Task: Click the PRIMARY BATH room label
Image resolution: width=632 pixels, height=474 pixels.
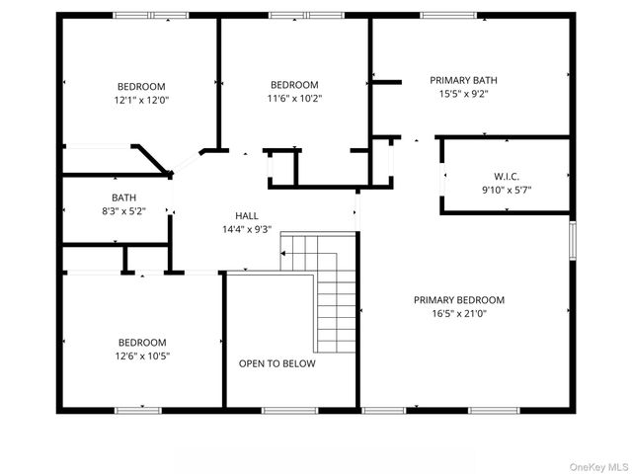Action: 463,80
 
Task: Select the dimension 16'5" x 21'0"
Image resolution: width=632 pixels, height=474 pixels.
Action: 458,314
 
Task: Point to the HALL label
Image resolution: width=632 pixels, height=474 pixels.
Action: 247,215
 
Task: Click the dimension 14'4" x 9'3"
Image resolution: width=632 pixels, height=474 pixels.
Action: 247,229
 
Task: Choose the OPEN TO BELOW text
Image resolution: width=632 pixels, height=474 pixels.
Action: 277,363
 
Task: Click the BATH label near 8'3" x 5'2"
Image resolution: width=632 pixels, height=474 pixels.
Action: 123,197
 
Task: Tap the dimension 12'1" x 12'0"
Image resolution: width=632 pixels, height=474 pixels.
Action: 141,100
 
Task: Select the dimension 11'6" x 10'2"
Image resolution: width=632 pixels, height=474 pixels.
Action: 294,98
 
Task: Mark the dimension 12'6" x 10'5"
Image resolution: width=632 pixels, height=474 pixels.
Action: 141,355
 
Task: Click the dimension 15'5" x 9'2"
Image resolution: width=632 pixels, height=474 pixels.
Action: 463,94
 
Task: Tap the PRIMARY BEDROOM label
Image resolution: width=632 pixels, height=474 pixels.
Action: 458,300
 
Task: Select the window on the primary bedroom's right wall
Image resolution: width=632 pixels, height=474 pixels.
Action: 572,240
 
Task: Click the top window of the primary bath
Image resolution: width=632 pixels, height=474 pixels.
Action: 446,15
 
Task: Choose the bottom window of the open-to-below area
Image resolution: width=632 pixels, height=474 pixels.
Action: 289,410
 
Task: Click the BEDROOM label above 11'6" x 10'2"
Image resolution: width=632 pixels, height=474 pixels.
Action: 294,84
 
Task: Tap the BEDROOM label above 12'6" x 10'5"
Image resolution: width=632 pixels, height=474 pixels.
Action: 141,342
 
